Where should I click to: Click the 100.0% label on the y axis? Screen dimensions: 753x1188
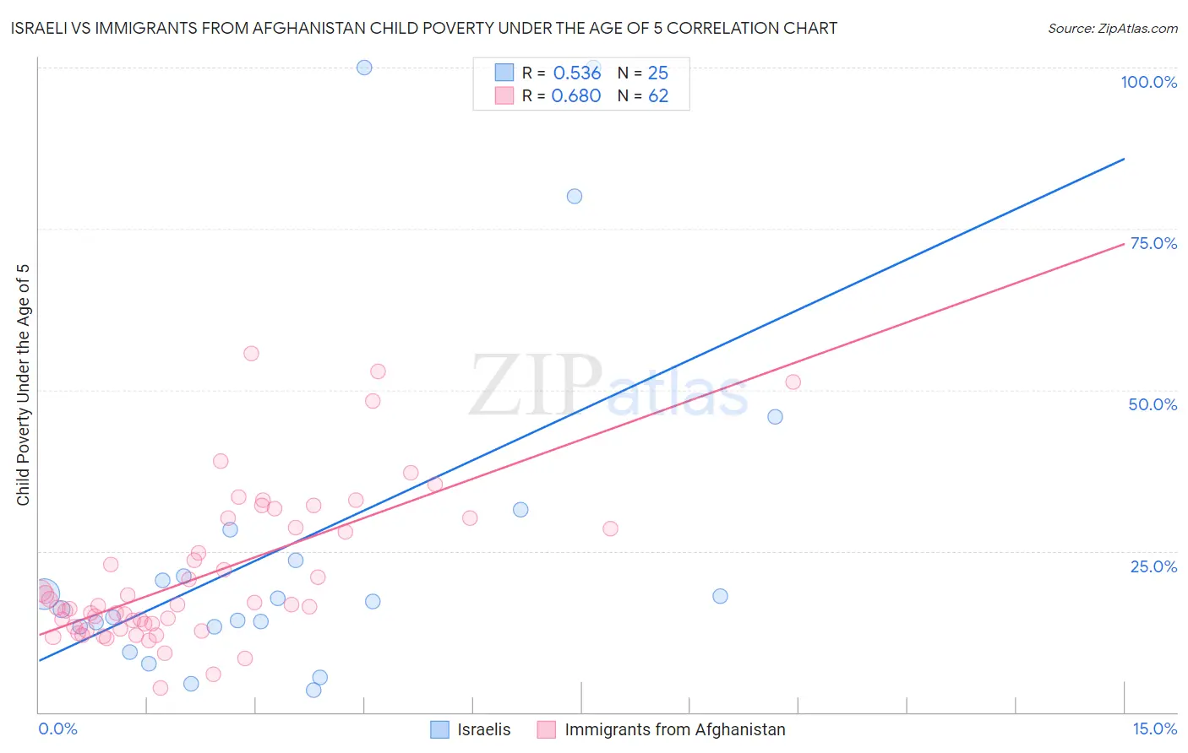point(1148,82)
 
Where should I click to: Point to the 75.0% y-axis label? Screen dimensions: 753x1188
point(1153,243)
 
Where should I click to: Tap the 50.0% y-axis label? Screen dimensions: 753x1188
point(1153,404)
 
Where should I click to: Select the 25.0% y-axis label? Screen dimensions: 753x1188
point(1153,566)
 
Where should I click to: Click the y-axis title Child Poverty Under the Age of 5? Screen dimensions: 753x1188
point(23,385)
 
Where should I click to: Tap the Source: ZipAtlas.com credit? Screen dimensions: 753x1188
point(1112,28)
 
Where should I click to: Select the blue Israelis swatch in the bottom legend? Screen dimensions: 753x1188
point(439,729)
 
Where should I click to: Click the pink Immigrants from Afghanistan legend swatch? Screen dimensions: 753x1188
point(547,729)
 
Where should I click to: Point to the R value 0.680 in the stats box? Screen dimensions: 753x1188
point(576,96)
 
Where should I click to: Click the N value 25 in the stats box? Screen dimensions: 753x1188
point(657,73)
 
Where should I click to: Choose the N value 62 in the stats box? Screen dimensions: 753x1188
point(658,96)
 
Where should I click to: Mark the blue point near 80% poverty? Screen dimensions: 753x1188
point(575,197)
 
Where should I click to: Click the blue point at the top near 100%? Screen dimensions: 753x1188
point(364,68)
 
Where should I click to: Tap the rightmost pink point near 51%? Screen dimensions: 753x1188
point(793,382)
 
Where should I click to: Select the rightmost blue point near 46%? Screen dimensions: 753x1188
point(775,417)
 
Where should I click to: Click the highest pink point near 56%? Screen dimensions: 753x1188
point(251,354)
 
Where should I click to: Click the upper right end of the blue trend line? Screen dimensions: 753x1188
point(1124,159)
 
